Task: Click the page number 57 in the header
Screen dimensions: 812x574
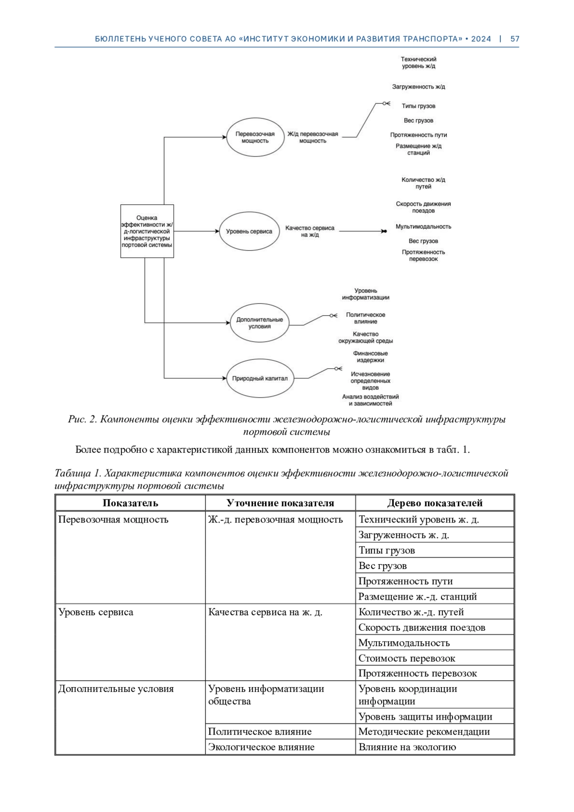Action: coord(515,39)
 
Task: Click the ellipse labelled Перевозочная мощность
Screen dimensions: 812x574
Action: coord(255,137)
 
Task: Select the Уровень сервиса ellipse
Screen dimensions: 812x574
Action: coord(249,232)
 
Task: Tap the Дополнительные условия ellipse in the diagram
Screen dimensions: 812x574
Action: coord(260,323)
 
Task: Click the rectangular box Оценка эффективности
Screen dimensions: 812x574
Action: coord(147,231)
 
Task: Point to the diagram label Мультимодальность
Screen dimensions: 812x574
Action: coord(423,227)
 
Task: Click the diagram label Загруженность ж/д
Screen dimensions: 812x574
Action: coord(419,87)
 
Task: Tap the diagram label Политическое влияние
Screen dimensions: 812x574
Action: coord(365,318)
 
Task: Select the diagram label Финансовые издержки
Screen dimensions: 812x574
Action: coord(370,357)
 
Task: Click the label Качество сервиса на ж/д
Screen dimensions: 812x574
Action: coord(310,232)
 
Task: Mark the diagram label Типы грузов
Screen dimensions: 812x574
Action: coord(419,106)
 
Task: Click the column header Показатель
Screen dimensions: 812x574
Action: coord(130,503)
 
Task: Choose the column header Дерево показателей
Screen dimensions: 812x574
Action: coord(434,503)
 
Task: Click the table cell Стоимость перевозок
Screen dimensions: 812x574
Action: coord(407,658)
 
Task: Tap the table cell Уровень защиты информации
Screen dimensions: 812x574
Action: coord(425,716)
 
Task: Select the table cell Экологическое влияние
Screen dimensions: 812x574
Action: coord(261,747)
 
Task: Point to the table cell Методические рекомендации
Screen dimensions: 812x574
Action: coord(424,732)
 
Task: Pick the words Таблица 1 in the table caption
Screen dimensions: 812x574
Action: coord(77,474)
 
